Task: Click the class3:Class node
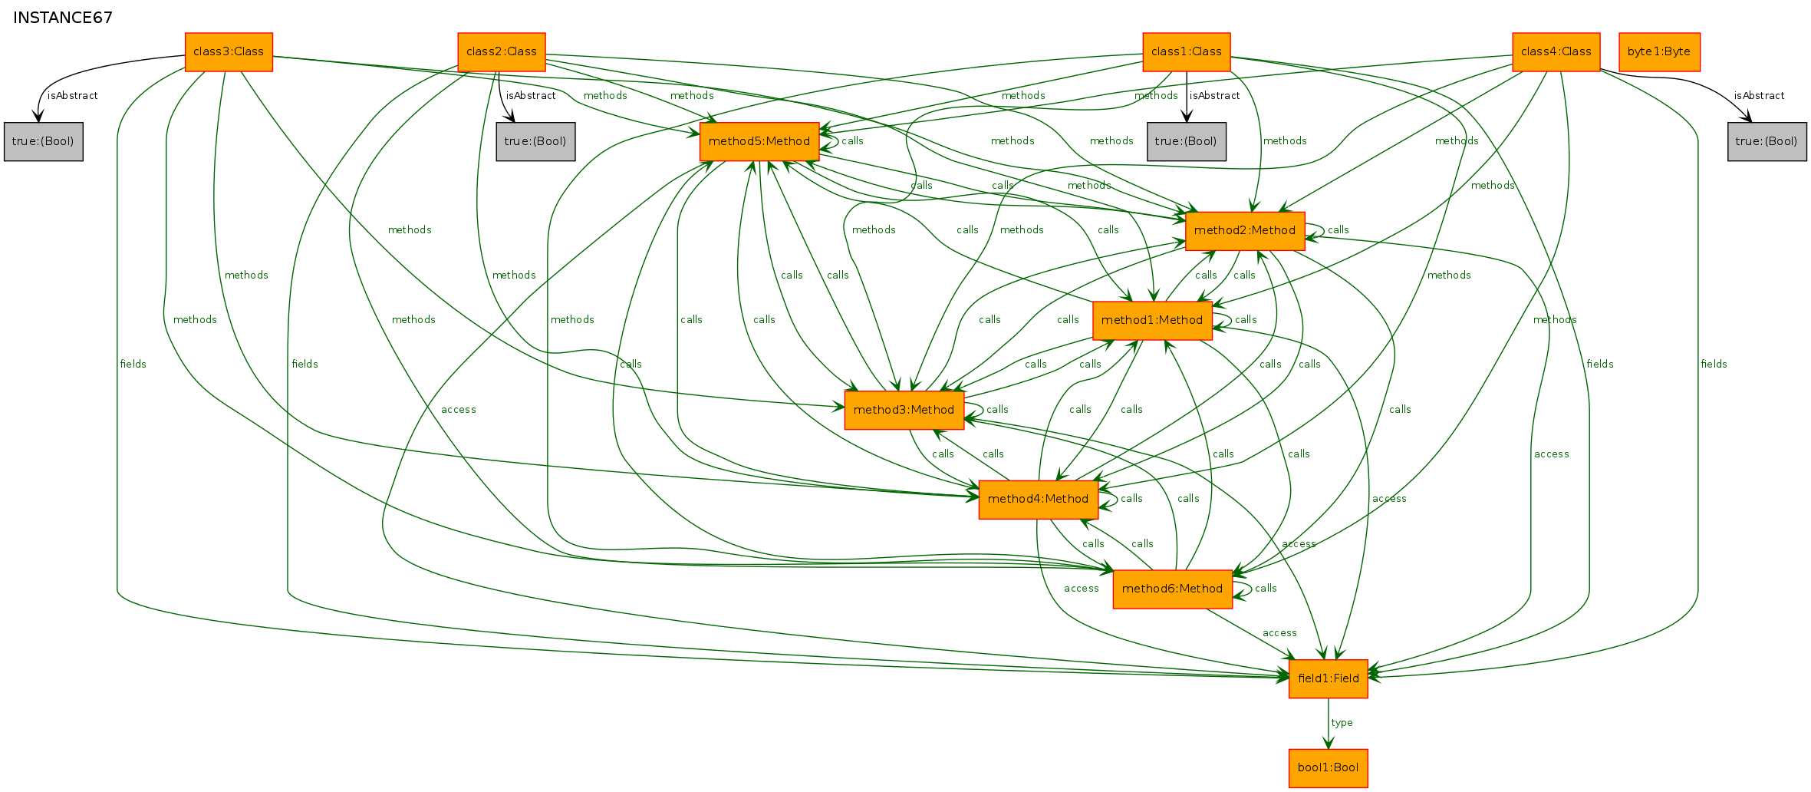point(229,51)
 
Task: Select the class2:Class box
point(502,51)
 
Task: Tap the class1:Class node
point(1187,51)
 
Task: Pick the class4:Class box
point(1556,51)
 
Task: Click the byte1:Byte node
point(1659,51)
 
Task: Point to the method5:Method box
point(759,141)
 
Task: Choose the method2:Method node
point(1245,230)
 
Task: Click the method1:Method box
point(1152,320)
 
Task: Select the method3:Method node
point(904,410)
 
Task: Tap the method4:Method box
point(1038,499)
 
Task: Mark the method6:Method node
point(1172,589)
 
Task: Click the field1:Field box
point(1329,678)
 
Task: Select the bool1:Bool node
point(1329,767)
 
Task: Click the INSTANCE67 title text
point(63,18)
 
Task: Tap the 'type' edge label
point(1342,723)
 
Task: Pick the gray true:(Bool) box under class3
point(43,141)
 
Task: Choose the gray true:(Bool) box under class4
point(1767,141)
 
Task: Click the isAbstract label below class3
point(73,96)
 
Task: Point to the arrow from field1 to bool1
point(1329,724)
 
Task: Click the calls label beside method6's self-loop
point(1266,589)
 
